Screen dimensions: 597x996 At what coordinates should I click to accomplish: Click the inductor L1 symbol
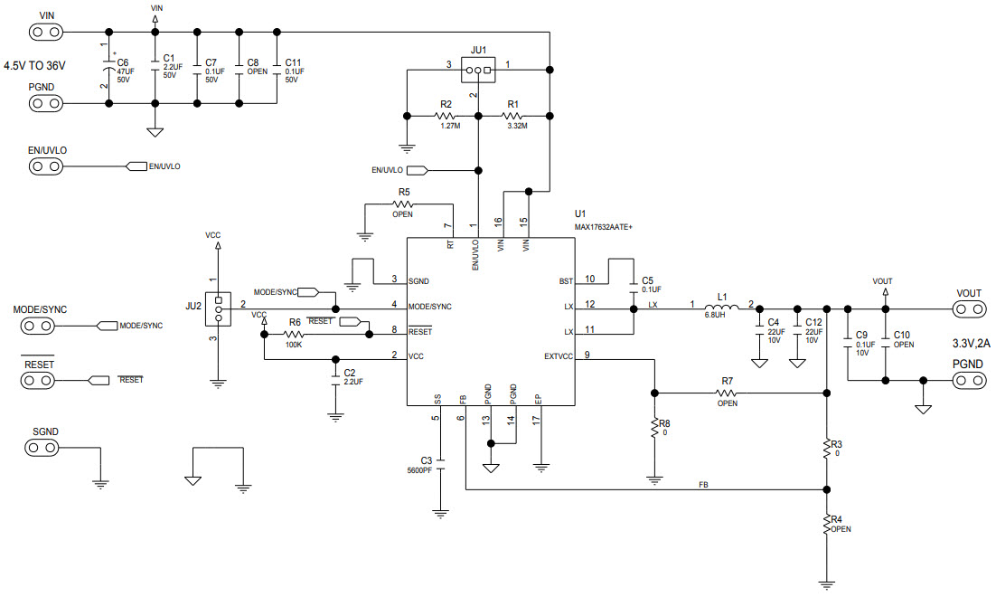point(723,308)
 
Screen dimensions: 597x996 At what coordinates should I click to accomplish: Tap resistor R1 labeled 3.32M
point(513,116)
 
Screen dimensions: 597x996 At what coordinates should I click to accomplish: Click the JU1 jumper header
point(476,71)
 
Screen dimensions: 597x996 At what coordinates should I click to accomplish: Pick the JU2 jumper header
point(218,310)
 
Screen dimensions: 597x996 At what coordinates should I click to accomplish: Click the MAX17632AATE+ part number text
point(603,227)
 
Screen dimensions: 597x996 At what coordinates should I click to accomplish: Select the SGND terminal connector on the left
point(45,448)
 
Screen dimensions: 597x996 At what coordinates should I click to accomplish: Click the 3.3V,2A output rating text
point(973,344)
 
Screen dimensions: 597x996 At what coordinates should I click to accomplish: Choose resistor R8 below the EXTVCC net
point(653,429)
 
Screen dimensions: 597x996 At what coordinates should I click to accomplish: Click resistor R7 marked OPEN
point(727,393)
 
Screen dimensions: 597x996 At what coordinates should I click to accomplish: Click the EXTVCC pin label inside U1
point(557,355)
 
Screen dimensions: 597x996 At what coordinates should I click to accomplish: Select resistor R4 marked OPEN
point(826,524)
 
